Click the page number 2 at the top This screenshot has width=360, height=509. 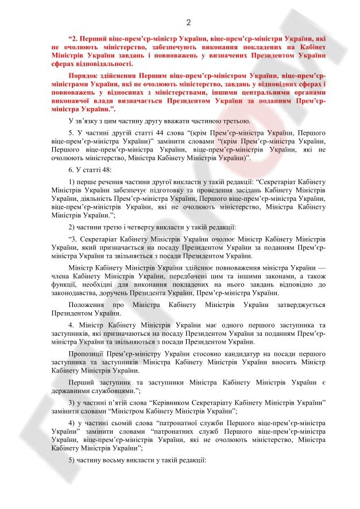pos(188,22)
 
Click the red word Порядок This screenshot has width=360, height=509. pos(83,75)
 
